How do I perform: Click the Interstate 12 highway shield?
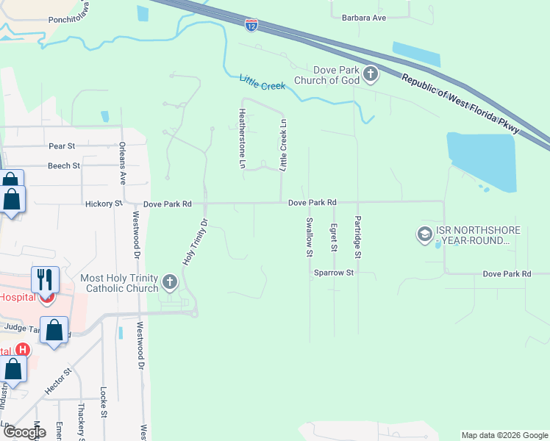tap(251, 24)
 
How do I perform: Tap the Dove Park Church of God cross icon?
tap(371, 73)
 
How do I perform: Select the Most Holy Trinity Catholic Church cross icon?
tap(170, 282)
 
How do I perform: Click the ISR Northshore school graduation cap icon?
tap(424, 234)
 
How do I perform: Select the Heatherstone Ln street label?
tap(241, 139)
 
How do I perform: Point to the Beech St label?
tap(64, 166)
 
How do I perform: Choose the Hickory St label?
tap(102, 204)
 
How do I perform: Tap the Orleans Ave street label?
tap(123, 162)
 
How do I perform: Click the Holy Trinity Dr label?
tap(195, 242)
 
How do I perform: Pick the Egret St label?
tap(334, 237)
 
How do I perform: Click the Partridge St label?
tap(358, 237)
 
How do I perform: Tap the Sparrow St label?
tap(335, 273)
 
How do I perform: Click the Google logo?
tap(24, 432)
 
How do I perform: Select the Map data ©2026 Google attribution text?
tap(504, 435)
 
